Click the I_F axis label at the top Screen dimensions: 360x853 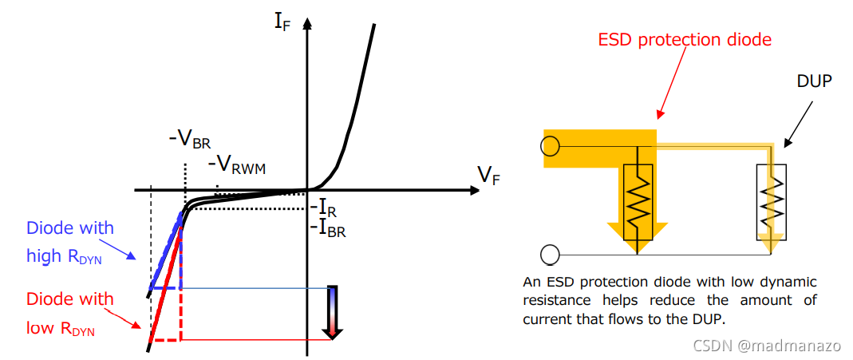[282, 19]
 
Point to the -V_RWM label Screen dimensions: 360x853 [237, 166]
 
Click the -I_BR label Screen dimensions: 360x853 [330, 228]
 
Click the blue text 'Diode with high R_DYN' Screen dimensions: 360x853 [70, 242]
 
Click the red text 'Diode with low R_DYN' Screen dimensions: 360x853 [70, 313]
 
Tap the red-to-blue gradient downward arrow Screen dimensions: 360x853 [332, 312]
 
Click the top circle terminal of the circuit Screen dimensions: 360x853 [549, 146]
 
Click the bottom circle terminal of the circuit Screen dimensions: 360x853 [549, 255]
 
